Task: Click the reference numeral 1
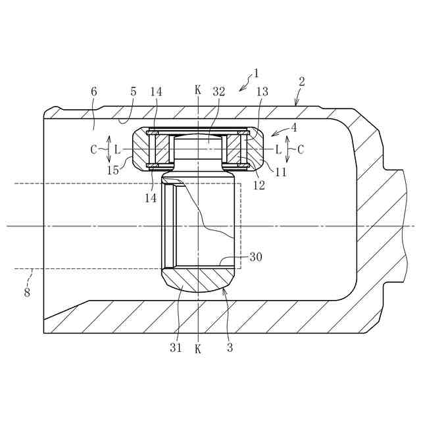pyautogui.click(x=256, y=73)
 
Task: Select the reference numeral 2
pyautogui.click(x=302, y=82)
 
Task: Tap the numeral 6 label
pyautogui.click(x=93, y=91)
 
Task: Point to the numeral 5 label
pyautogui.click(x=134, y=91)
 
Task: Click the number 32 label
pyautogui.click(x=219, y=91)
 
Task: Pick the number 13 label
pyautogui.click(x=262, y=91)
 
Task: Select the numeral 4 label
pyautogui.click(x=294, y=128)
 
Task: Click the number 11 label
pyautogui.click(x=281, y=172)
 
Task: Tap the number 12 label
pyautogui.click(x=259, y=186)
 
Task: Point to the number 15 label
pyautogui.click(x=112, y=170)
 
